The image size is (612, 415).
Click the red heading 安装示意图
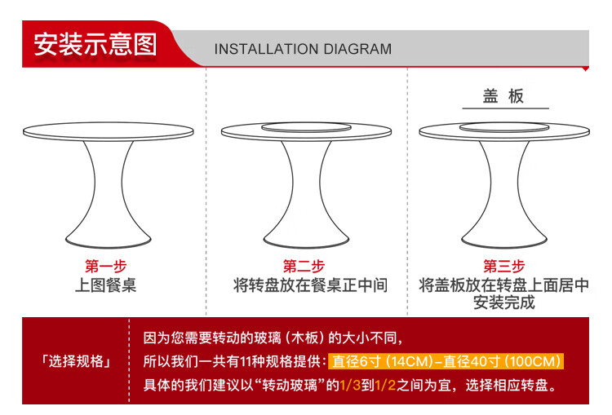coord(95,44)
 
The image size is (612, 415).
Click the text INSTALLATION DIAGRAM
coord(303,49)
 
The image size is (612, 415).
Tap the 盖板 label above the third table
coord(503,96)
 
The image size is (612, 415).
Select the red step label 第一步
coord(106,267)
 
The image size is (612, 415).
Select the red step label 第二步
coord(304,267)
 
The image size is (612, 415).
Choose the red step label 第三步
coord(504,267)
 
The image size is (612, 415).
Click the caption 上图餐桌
coord(106,285)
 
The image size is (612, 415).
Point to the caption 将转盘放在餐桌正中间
coord(310,285)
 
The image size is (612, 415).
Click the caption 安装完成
coord(504,302)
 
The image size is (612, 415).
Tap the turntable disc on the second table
coord(306,126)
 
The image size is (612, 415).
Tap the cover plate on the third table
coord(504,126)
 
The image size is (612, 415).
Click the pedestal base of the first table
coord(108,194)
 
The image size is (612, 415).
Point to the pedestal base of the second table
coord(306,194)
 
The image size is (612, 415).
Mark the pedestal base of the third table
coord(504,194)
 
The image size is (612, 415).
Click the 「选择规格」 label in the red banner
coord(76,361)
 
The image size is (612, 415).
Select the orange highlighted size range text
coord(446,361)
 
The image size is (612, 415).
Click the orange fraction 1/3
coord(350,386)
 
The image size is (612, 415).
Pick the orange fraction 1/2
coord(385,386)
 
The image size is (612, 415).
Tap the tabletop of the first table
coord(108,131)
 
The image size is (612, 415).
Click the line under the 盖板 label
coord(505,108)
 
